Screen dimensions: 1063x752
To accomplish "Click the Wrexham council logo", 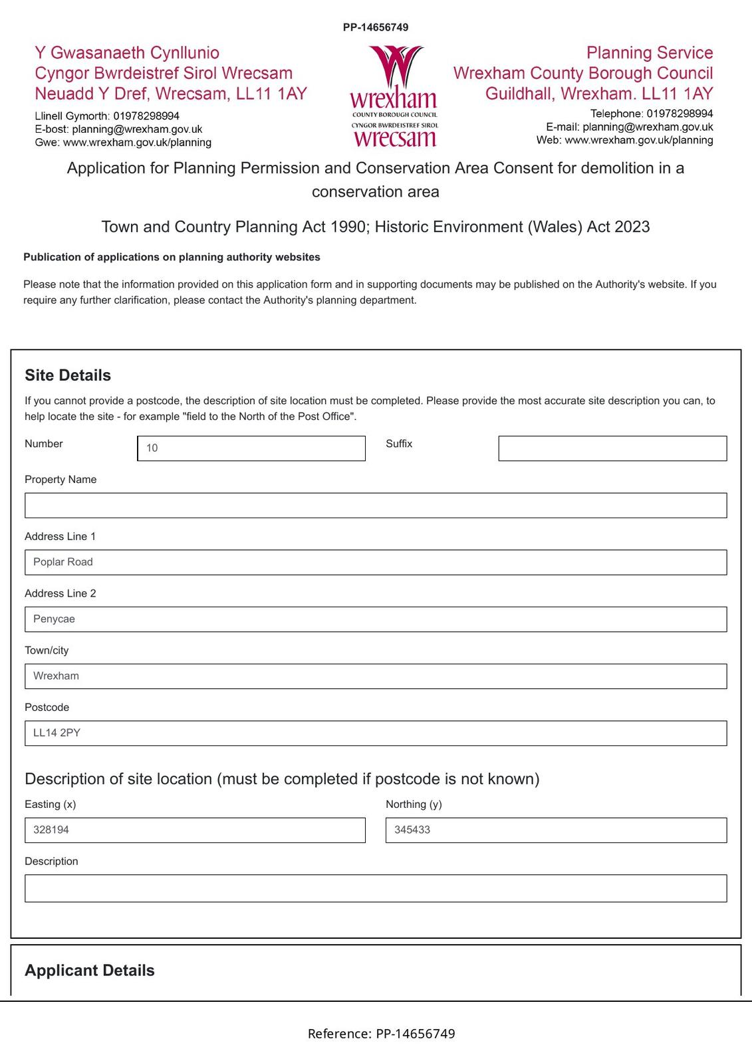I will click(394, 96).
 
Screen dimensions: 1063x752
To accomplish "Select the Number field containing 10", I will click(251, 448).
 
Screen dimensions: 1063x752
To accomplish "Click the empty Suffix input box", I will click(612, 448).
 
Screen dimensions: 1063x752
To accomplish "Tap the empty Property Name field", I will click(376, 506).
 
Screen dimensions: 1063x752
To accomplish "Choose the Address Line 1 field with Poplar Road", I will click(376, 563).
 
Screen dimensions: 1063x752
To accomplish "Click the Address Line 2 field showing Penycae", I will click(376, 619).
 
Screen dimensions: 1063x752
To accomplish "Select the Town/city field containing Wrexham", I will click(376, 676).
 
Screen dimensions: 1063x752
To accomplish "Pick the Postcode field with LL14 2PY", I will click(376, 733).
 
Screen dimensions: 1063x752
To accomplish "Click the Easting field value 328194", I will click(195, 830).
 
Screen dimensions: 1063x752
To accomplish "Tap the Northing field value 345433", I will click(556, 830).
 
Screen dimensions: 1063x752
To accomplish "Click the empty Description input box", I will click(376, 888).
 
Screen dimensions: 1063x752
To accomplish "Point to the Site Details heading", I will click(68, 375).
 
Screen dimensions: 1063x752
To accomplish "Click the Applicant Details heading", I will click(90, 971).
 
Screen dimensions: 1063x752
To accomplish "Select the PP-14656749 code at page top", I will click(376, 27).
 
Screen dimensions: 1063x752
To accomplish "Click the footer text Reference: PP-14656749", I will click(381, 1034).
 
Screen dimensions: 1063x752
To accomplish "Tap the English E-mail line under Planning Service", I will click(629, 127).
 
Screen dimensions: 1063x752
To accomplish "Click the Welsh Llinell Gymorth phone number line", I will click(107, 116).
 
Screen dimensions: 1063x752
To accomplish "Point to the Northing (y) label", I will click(414, 805).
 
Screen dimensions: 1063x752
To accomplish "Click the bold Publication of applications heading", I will click(172, 257).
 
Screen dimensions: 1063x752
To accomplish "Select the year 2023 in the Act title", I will click(632, 227).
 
